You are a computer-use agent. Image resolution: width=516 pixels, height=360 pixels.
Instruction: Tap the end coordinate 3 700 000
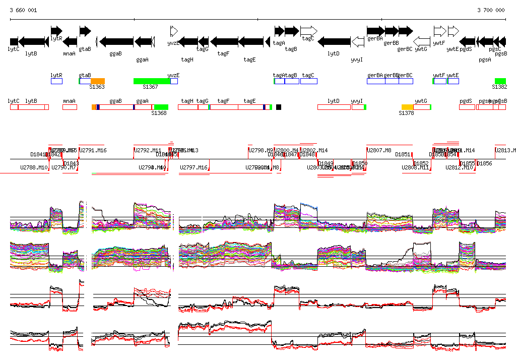coord(491,10)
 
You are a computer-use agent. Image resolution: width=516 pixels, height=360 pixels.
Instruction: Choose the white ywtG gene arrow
coord(422,41)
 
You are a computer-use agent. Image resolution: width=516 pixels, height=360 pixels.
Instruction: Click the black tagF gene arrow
coord(224,41)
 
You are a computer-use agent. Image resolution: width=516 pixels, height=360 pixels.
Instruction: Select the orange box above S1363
coord(98,81)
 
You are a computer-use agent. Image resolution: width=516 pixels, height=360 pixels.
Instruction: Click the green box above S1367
coord(152,81)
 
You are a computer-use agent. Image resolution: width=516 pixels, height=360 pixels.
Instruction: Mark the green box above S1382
coord(500,81)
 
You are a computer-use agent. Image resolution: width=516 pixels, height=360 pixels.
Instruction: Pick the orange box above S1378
coord(407,107)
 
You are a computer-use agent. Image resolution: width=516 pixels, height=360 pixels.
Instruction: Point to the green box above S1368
coord(161,107)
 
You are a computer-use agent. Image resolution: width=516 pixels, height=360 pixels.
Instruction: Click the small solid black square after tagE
coord(279,107)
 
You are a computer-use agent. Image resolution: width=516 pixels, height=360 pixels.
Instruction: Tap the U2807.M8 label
coord(379,150)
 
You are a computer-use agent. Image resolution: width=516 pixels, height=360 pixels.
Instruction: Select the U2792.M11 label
coord(148,150)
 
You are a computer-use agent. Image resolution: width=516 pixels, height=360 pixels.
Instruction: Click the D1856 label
coord(484,163)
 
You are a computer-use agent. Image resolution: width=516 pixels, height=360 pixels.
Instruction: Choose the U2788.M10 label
coord(34,167)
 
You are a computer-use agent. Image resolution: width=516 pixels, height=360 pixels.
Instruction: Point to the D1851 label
coord(403,154)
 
